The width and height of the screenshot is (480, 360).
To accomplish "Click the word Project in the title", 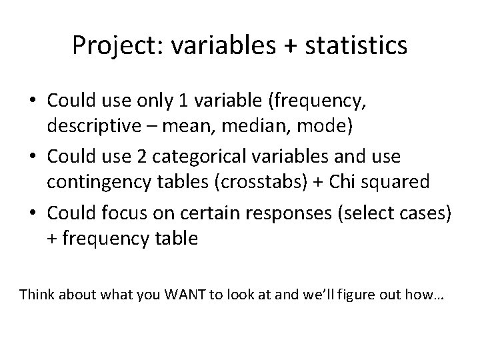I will pyautogui.click(x=113, y=46).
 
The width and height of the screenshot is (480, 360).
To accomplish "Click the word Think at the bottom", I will pyautogui.click(x=37, y=294).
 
